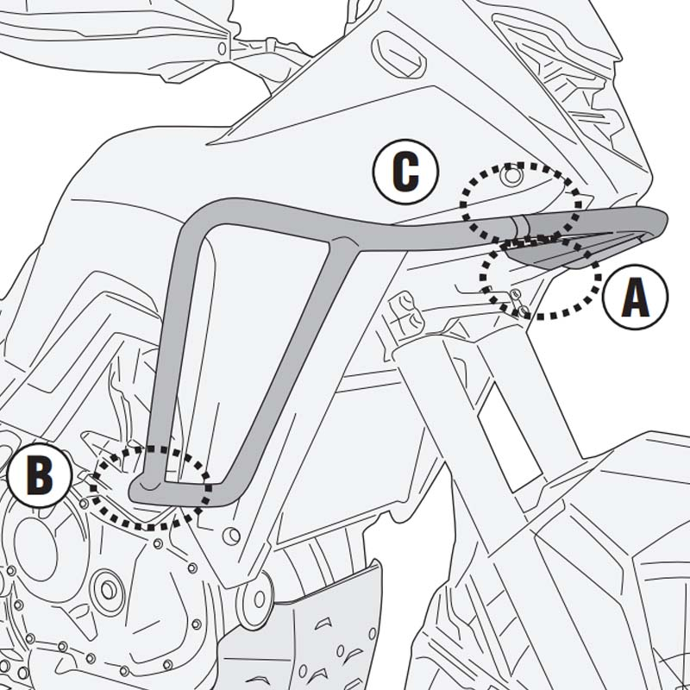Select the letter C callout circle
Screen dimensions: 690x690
406,172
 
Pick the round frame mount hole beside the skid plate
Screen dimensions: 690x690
255,596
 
